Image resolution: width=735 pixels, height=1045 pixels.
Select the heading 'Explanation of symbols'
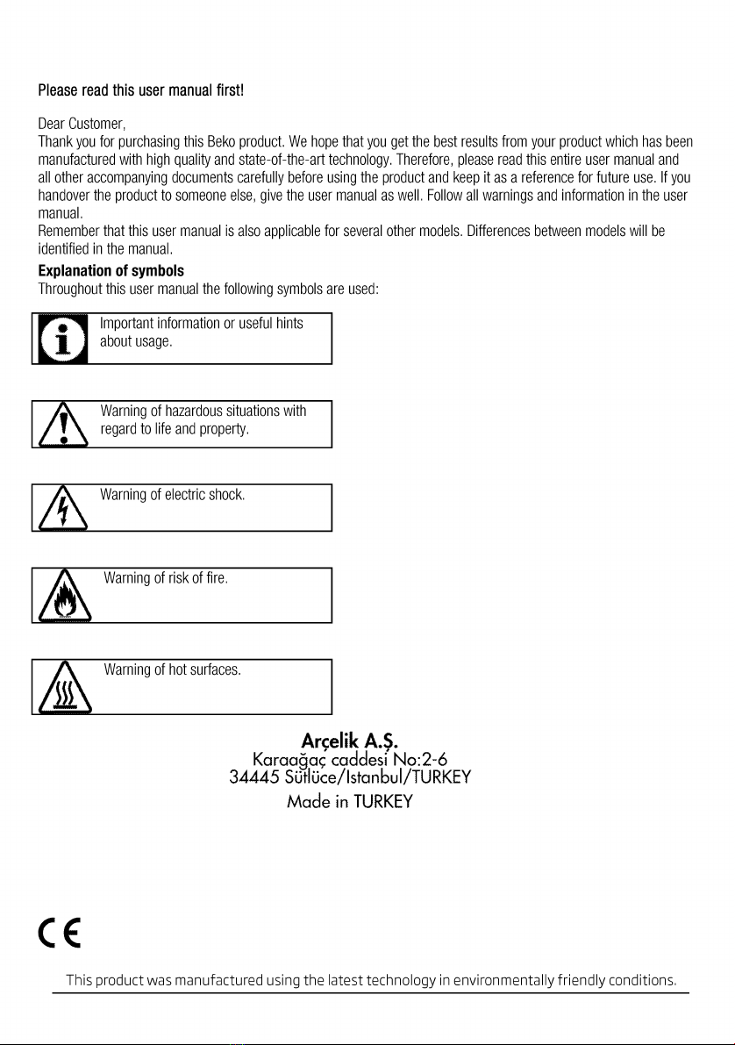tap(111, 269)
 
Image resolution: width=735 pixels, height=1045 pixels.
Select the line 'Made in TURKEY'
tap(349, 802)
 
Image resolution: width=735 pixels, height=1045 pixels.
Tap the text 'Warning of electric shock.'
tap(172, 496)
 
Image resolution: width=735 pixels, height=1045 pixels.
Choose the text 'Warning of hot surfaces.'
tap(172, 671)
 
